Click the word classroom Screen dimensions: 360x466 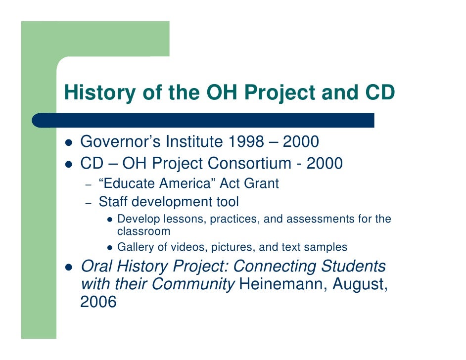coord(143,231)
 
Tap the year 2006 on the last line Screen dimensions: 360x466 coord(98,302)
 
